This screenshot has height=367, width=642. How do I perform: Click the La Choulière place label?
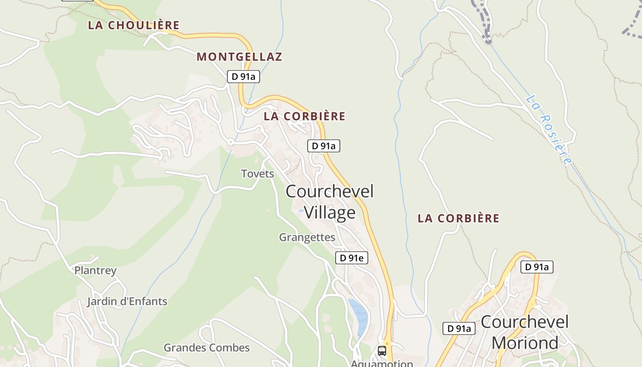tap(133, 25)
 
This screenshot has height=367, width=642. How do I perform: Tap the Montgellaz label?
tap(239, 57)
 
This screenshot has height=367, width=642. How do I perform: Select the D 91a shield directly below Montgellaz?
tap(244, 77)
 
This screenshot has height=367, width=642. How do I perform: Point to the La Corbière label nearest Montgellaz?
tap(304, 117)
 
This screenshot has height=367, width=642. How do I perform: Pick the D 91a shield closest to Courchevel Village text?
tap(324, 146)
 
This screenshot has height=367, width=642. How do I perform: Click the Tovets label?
tap(258, 174)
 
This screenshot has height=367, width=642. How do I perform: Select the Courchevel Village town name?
tap(330, 202)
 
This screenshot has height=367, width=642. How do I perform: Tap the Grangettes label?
tap(307, 238)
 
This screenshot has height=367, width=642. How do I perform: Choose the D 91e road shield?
tap(352, 258)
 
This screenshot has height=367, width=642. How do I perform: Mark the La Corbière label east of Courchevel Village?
tap(459, 218)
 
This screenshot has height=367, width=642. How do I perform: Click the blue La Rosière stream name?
tap(549, 129)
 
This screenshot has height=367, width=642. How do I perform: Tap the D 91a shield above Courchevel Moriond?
tap(537, 267)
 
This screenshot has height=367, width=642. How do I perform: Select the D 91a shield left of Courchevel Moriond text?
tap(459, 328)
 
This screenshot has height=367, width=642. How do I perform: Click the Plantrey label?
tap(95, 271)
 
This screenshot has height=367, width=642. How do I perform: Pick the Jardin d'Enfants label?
tap(127, 302)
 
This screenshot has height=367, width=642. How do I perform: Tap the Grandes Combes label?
tap(207, 348)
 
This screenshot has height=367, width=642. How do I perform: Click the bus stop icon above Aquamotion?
tap(382, 351)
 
